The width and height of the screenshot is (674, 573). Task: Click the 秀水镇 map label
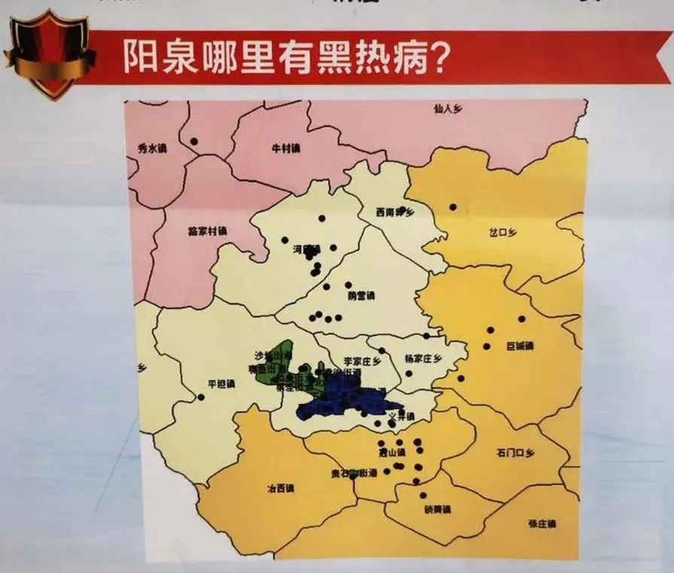pos(153,149)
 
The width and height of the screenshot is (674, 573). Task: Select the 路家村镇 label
pos(207,231)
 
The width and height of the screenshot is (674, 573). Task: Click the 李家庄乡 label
pos(363,361)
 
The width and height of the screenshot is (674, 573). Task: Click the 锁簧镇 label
pos(436,509)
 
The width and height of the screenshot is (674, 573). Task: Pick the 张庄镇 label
pos(541,523)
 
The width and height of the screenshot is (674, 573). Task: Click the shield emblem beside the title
pos(50,53)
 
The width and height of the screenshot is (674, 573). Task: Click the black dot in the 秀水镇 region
pos(194,141)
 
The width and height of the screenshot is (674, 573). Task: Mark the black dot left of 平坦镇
pos(201,397)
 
